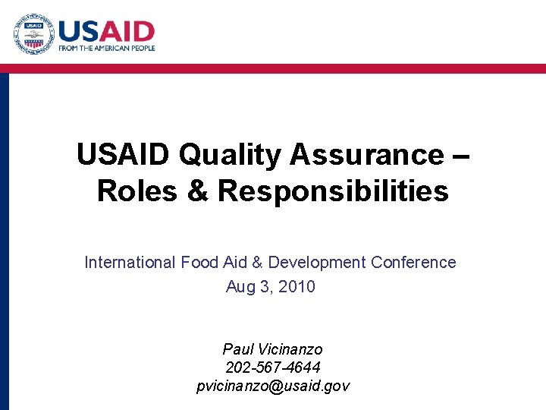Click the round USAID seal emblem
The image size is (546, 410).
[33, 34]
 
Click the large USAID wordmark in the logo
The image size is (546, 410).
[106, 32]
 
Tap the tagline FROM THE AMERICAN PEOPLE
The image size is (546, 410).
[107, 49]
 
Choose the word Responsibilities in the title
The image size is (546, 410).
[333, 191]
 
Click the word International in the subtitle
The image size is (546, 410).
[130, 263]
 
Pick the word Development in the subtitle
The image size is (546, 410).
[318, 263]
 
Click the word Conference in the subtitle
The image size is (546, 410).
[414, 263]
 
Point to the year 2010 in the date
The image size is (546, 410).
[298, 287]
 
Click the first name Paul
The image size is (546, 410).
[238, 349]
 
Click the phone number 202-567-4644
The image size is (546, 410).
[273, 367]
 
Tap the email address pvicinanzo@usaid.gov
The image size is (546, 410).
[273, 386]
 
